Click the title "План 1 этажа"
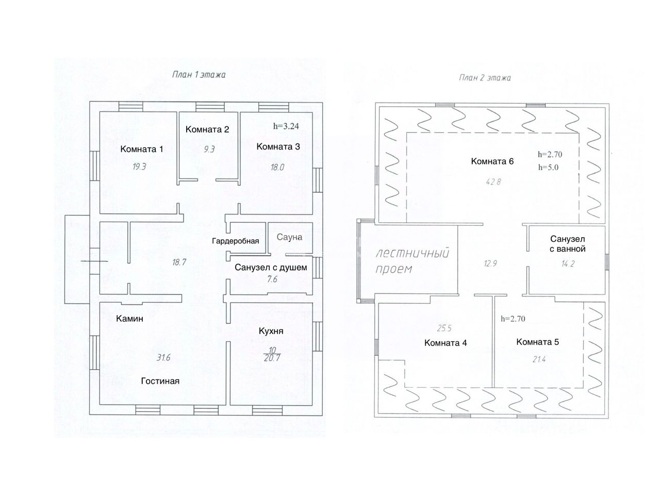click(x=199, y=75)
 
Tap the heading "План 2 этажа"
click(x=485, y=78)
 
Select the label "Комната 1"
click(x=141, y=150)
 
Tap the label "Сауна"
click(x=289, y=237)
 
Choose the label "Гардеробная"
click(x=235, y=241)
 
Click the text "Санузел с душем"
click(x=271, y=267)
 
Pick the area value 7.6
click(x=271, y=279)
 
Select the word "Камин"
click(x=129, y=319)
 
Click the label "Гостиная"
click(x=160, y=381)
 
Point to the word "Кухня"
click(x=271, y=331)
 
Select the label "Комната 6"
click(x=492, y=161)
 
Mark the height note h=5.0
click(x=548, y=167)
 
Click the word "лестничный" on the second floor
click(x=412, y=254)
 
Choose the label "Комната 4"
click(x=445, y=342)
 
